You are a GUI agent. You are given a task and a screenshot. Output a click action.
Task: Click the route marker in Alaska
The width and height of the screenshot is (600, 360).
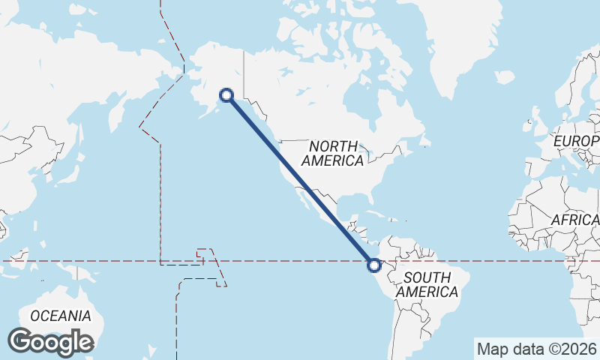coord(226,94)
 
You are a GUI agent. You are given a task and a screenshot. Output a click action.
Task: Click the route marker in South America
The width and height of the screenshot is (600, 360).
coord(373,265)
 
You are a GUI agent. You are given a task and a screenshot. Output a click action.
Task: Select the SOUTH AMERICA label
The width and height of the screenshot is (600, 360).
coord(427,284)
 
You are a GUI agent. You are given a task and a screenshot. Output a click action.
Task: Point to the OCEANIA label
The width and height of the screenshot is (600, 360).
coord(61,316)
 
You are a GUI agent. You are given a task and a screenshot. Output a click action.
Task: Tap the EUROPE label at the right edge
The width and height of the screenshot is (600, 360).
coord(576,141)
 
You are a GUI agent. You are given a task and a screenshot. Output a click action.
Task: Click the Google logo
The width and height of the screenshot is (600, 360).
coord(50,342)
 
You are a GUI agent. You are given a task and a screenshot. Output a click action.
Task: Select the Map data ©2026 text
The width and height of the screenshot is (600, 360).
coord(536,349)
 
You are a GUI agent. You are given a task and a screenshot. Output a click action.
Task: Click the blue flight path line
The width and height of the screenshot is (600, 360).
coord(300,180)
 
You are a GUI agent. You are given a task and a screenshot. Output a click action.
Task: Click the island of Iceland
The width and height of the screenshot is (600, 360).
coord(505,76)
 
